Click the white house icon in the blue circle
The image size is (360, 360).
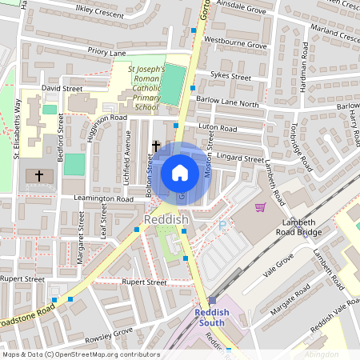point(180,173)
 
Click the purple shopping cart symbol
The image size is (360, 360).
point(260,207)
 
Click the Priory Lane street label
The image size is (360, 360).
point(107,52)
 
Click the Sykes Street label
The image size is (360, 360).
point(230,76)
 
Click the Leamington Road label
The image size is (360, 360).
point(102,198)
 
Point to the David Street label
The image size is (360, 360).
point(62,88)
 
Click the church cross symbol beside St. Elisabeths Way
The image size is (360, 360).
point(38,174)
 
